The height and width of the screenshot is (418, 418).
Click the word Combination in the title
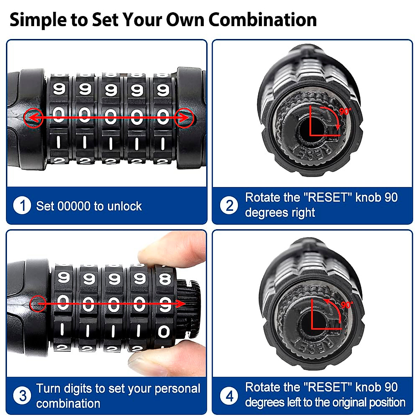click(263, 20)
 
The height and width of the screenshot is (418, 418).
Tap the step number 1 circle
click(22, 206)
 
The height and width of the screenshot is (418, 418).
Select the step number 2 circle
click(229, 206)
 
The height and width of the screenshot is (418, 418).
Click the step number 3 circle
click(22, 396)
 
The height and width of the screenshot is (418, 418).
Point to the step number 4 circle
click(229, 396)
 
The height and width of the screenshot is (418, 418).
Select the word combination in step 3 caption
click(68, 403)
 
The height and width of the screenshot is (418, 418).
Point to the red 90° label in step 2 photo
click(345, 111)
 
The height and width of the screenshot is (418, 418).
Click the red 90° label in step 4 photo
click(346, 305)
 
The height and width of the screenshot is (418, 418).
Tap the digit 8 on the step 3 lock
click(165, 279)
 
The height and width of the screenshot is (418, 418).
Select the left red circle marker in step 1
click(33, 118)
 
